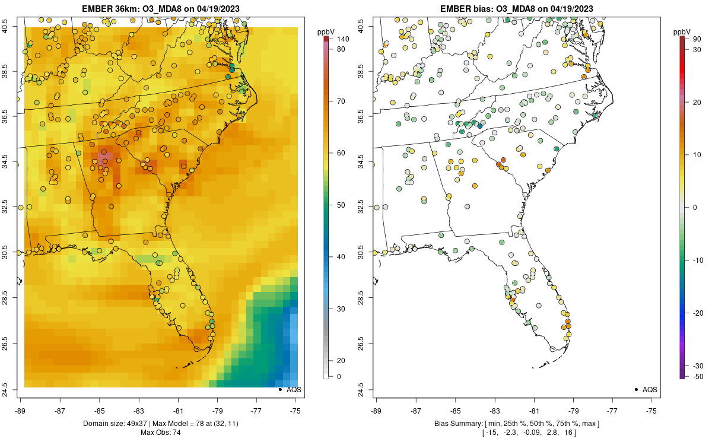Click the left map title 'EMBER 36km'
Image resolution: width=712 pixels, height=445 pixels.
pos(109,8)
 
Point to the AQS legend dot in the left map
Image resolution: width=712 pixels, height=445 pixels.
pos(279,389)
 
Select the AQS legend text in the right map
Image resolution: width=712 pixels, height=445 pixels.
pos(650,390)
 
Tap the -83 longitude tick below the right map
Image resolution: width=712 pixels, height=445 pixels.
pos(495,411)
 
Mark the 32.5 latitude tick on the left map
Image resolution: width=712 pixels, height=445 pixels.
pos(12,208)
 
